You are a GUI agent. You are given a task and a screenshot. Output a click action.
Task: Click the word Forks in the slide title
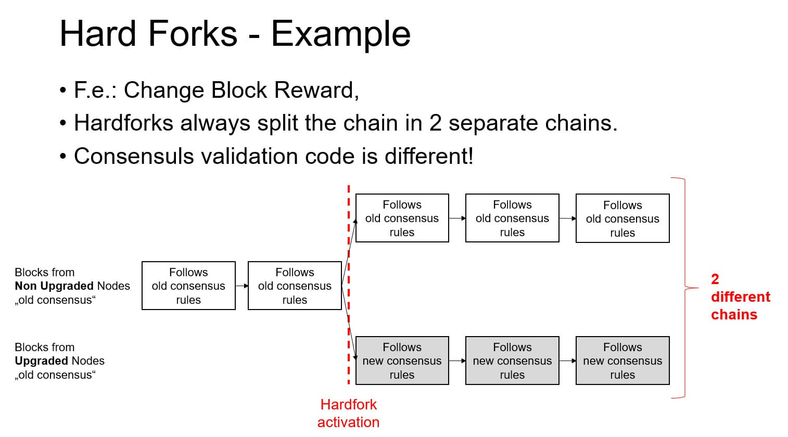coord(193,34)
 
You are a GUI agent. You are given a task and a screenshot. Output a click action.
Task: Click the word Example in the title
coord(340,34)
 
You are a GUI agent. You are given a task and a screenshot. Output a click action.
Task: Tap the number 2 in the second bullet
coord(436,123)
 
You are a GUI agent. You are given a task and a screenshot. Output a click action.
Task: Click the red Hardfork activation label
coord(348,413)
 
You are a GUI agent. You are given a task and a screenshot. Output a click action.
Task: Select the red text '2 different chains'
coord(739,297)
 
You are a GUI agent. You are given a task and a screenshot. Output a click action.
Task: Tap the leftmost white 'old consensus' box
coord(188,286)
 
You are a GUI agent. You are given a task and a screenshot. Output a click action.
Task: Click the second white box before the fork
coord(295,286)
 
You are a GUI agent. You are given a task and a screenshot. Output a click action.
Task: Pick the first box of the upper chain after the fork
coord(402,218)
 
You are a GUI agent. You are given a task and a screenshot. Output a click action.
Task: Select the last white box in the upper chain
coord(622,219)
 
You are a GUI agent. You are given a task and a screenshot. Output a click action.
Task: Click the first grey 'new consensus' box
coord(402,361)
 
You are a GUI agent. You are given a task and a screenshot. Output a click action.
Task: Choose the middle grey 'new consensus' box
coord(512,361)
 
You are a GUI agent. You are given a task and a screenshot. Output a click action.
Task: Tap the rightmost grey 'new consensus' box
coord(622,361)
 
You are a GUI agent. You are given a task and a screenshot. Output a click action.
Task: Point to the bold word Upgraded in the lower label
coord(41,361)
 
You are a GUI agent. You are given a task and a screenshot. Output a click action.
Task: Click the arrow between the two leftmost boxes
coord(242,286)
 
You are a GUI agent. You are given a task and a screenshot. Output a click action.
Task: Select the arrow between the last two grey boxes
coord(567,361)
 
